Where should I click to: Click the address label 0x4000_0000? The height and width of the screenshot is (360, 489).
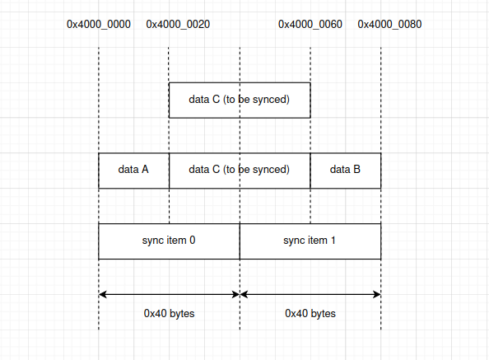98,24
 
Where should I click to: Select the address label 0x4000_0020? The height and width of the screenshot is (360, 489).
178,24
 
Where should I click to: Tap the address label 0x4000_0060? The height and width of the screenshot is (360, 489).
310,24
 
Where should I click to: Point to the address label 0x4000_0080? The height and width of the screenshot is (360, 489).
389,24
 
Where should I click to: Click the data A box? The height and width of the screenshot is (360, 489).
133,171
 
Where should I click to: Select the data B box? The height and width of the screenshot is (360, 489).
345,171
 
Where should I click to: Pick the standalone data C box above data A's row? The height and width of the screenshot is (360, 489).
239,101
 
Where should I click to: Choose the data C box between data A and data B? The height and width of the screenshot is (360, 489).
239,171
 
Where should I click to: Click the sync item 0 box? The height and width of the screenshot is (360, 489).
169,241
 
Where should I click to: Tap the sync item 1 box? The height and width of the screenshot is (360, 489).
310,241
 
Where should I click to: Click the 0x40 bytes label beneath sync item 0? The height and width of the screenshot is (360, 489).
169,314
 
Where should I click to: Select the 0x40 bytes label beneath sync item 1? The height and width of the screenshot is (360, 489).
310,314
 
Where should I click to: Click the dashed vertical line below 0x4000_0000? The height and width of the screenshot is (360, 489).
99,99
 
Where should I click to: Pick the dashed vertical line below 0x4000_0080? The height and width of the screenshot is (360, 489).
381,99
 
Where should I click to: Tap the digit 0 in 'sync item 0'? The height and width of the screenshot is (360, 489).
193,241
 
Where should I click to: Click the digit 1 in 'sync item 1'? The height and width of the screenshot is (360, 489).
333,241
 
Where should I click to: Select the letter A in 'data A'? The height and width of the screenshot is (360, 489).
145,171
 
